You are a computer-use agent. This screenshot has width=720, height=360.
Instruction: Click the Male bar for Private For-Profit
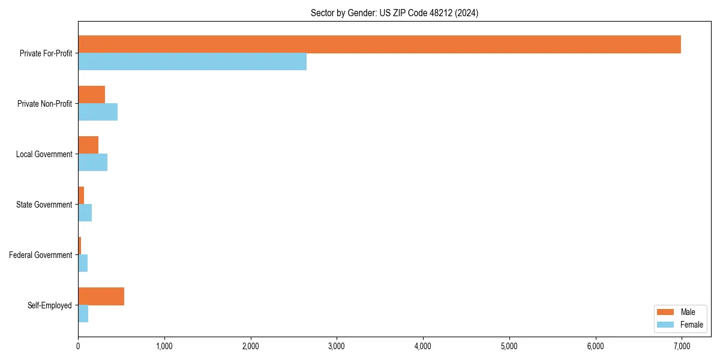point(379,44)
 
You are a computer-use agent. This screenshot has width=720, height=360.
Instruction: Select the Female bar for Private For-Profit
point(192,62)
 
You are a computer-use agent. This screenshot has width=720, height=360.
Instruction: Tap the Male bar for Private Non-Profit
point(91,95)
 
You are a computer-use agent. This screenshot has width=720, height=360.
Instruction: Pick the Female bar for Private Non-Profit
point(98,112)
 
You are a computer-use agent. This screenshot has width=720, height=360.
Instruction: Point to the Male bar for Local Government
point(88,145)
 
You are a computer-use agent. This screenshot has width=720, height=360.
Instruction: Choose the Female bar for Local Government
point(92,163)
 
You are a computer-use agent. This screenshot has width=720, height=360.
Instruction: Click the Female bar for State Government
point(85,213)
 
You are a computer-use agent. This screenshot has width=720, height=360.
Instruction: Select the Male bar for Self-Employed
point(101,296)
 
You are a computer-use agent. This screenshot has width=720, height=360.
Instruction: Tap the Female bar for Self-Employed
point(83,314)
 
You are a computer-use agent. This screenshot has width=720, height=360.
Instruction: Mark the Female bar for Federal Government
point(83,263)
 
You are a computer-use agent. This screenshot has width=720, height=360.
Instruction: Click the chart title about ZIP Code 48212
point(394,13)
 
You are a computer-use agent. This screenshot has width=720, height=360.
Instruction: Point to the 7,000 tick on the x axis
point(682,346)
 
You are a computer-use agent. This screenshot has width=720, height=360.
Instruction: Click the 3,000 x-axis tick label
point(337,346)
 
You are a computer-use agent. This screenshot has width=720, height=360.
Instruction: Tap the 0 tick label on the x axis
point(78,346)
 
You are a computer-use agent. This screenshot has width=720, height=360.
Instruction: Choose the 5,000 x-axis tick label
point(509,346)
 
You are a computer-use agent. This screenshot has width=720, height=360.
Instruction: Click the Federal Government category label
point(41,255)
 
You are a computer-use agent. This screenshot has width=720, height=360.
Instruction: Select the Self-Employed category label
point(50,305)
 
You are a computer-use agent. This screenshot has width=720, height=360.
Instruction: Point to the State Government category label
point(44,205)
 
